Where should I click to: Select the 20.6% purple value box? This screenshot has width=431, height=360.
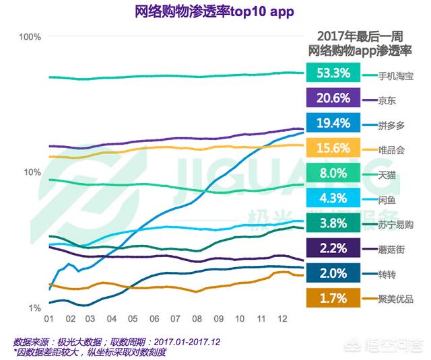coord(332,98)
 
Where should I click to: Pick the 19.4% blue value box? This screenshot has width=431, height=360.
coord(332,123)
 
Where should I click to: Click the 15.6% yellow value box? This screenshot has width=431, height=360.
coord(332,148)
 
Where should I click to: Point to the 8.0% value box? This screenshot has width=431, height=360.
coord(332,173)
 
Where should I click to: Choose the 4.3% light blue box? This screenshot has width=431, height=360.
coord(332,198)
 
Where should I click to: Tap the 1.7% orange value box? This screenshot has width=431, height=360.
coord(332,297)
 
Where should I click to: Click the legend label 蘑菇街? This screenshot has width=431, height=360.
coord(391,249)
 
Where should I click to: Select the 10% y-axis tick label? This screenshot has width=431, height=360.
coord(32,172)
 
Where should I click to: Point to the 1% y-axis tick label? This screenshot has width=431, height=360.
coord(34,308)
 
